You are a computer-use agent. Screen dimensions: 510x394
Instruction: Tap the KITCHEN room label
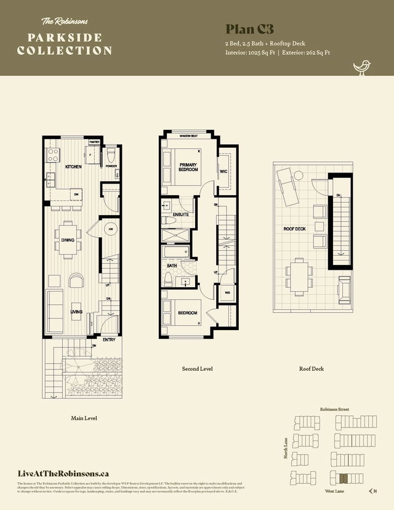coord(74,167)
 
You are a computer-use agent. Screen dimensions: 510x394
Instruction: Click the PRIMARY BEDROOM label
coord(188,167)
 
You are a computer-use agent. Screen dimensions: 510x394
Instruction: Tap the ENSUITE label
coord(180,214)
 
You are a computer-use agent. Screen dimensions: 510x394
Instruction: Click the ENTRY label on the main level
coord(109,339)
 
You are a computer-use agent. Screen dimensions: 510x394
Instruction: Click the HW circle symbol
coord(111,229)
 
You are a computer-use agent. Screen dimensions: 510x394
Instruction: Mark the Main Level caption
coord(84,418)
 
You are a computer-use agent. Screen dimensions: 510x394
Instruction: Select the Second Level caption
coord(197,369)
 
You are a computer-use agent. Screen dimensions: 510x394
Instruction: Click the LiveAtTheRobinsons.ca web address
coord(65,473)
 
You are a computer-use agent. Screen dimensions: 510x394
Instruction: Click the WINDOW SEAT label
coord(189,136)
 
